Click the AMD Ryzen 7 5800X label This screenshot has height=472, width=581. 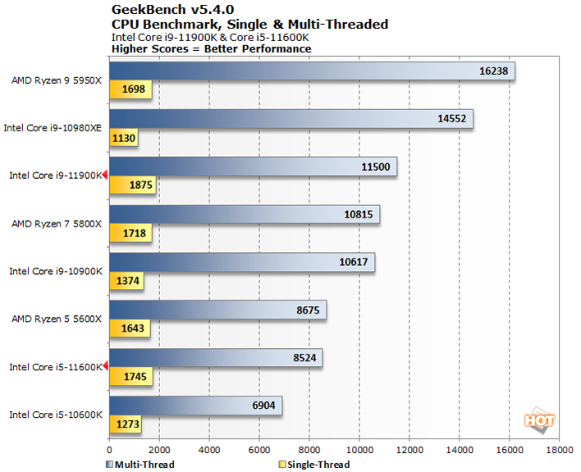pyautogui.click(x=56, y=222)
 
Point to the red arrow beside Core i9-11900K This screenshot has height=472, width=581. pyautogui.click(x=105, y=175)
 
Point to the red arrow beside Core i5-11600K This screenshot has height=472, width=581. pyautogui.click(x=105, y=367)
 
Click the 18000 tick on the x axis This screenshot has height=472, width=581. pyautogui.click(x=560, y=450)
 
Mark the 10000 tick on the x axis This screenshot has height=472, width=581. pyautogui.click(x=359, y=450)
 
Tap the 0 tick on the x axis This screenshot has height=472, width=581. pyautogui.click(x=109, y=450)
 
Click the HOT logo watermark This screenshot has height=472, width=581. pyautogui.click(x=540, y=420)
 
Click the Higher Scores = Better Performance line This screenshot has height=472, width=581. pyautogui.click(x=211, y=48)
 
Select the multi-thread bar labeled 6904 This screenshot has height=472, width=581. pyautogui.click(x=195, y=405)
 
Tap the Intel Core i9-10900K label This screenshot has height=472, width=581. pyautogui.click(x=54, y=271)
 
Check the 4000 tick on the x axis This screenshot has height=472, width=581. pyautogui.click(x=209, y=450)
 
